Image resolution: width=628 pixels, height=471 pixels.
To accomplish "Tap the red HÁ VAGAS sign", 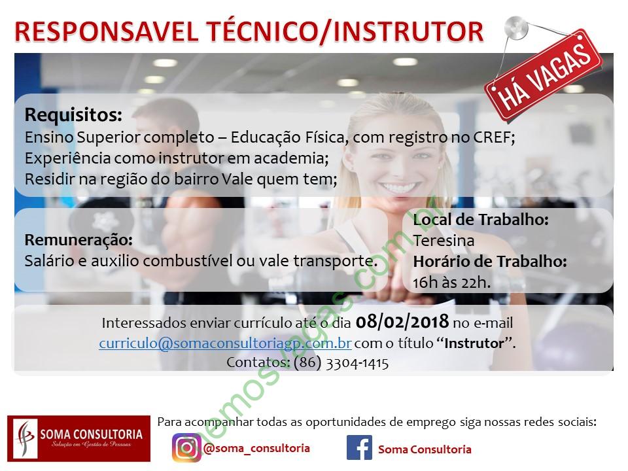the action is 544,76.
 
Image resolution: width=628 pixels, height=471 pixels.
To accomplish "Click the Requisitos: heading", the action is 73,115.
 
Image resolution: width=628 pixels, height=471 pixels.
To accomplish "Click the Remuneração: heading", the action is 78,240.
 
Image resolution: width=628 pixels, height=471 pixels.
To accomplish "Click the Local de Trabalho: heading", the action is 481,220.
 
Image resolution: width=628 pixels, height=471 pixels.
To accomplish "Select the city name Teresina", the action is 444,241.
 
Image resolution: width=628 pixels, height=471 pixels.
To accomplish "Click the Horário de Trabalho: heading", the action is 490,262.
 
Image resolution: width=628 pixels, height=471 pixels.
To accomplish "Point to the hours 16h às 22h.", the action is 452,283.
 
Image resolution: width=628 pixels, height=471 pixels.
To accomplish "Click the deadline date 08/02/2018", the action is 402,322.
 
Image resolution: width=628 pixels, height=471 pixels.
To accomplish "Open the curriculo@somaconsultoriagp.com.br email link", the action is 226,343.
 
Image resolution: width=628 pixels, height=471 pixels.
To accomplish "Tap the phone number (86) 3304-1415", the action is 341,363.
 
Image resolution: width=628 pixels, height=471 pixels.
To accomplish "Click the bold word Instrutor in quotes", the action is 474,343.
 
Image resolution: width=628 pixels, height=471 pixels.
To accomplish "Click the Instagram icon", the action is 186,447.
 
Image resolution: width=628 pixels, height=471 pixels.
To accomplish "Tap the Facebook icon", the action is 359,447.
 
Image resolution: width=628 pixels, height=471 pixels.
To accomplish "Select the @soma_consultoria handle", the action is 256,448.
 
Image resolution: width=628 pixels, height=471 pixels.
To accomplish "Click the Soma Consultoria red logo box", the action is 79,438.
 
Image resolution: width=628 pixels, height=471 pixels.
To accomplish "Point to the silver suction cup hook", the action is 516,28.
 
